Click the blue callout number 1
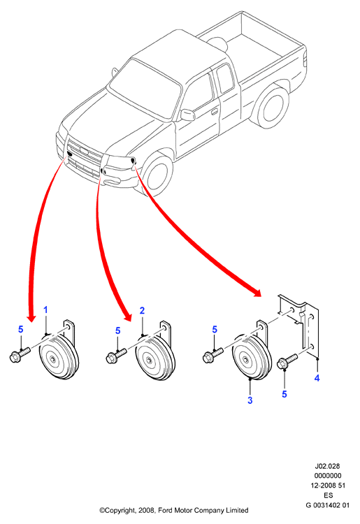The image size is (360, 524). [46, 310]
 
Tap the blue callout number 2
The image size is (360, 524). [142, 310]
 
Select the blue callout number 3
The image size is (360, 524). [250, 400]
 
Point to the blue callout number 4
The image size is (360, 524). [317, 378]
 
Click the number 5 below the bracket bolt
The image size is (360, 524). [285, 394]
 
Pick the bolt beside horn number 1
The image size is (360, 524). [20, 355]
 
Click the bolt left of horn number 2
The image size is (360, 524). [116, 356]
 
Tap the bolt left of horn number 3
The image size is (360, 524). [213, 355]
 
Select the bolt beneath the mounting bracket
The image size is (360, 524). [287, 361]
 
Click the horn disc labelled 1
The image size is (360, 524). [59, 356]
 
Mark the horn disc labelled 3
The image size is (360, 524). [252, 357]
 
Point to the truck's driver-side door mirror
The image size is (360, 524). [187, 115]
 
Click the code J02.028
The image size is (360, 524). [327, 466]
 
